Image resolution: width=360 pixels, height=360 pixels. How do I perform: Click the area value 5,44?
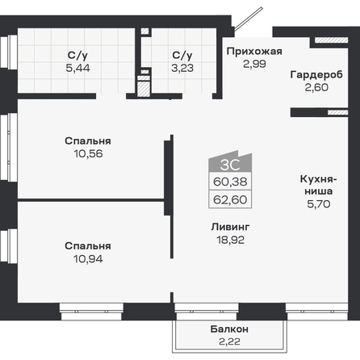tap(77, 68)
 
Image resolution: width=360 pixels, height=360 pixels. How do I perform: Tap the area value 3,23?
tap(182, 68)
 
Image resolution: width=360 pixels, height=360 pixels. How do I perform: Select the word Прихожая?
tap(254, 51)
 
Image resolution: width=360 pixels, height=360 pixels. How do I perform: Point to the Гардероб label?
tap(316, 74)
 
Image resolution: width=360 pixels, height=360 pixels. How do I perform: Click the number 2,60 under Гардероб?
tap(316, 87)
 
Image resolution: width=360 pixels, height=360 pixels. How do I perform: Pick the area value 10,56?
tap(88, 153)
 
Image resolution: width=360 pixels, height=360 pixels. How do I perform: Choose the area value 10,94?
tap(88, 259)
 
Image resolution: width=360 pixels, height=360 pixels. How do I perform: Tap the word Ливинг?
tap(230, 227)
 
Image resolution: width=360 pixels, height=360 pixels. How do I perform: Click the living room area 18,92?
tap(231, 240)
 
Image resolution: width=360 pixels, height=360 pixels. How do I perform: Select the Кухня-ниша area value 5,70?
tap(319, 204)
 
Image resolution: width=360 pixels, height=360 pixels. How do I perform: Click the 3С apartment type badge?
tap(230, 161)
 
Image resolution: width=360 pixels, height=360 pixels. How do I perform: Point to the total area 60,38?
tap(230, 182)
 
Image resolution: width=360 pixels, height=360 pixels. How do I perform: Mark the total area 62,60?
tap(230, 199)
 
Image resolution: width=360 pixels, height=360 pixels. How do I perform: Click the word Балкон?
tap(229, 329)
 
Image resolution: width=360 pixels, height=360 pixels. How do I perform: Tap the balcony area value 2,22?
tap(229, 341)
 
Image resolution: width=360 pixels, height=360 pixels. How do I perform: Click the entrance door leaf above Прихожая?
tap(249, 19)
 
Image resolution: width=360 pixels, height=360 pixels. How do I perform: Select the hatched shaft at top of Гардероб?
tap(332, 40)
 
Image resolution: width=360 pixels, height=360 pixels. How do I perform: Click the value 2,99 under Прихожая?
tap(254, 64)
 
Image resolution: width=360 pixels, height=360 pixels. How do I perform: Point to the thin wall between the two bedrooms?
tap(91, 200)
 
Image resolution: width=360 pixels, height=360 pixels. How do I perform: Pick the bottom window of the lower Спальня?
tap(91, 312)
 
